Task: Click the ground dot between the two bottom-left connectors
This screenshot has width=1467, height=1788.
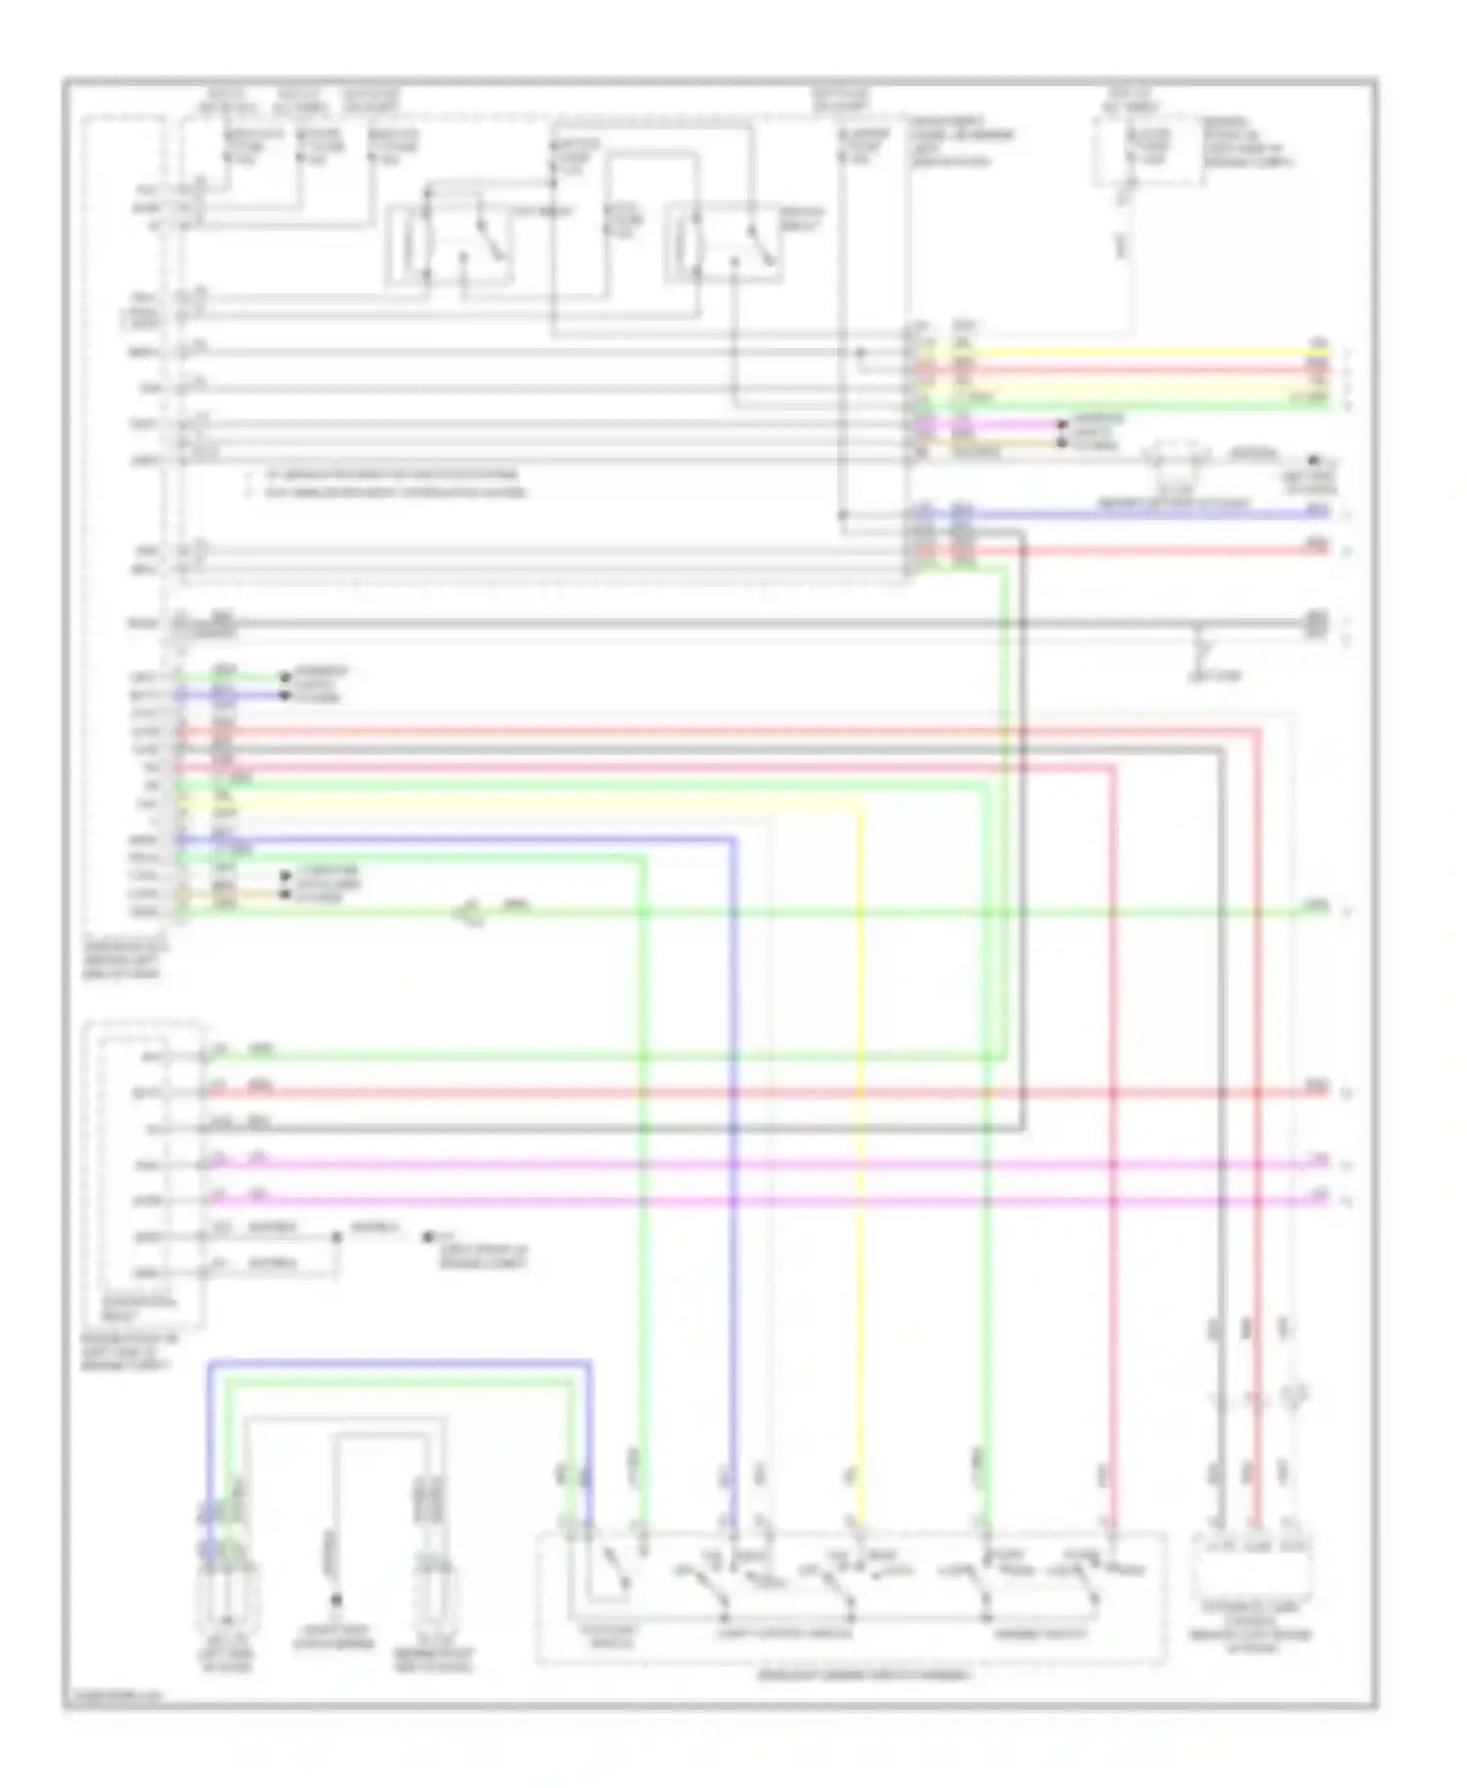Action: pyautogui.click(x=334, y=1601)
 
